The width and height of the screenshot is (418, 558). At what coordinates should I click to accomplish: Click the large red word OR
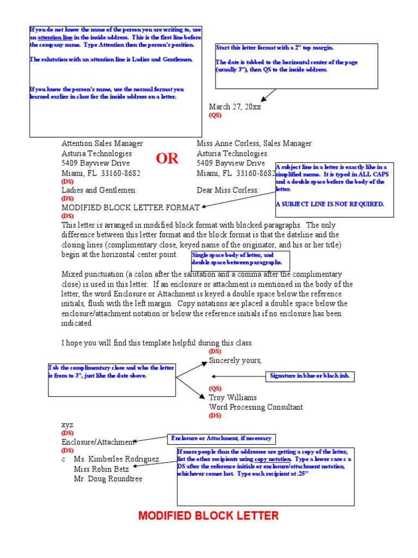(167, 159)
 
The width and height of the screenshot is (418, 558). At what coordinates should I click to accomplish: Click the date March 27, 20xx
(235, 107)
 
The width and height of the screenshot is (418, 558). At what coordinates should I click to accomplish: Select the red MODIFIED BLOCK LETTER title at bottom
(208, 515)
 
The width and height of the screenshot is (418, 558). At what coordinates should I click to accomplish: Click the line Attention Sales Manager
(102, 143)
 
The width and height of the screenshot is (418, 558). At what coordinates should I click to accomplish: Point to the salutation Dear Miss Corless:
(228, 191)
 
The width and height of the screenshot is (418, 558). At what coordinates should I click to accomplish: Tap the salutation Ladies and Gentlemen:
(99, 191)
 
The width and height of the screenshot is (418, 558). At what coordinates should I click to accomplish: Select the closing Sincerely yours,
(235, 361)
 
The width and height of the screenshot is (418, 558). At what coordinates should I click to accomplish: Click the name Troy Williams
(233, 398)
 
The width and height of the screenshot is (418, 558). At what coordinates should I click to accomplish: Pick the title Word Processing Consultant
(256, 407)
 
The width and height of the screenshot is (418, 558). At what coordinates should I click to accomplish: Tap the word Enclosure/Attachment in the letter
(97, 442)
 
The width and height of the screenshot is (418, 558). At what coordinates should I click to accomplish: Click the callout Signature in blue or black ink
(310, 376)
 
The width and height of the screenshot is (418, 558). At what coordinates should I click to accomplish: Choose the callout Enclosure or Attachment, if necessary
(220, 439)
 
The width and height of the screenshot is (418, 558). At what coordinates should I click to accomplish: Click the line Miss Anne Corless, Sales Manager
(254, 143)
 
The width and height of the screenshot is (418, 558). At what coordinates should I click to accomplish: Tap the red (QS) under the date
(215, 116)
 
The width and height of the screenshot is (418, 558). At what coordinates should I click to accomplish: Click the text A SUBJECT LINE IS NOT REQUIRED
(329, 204)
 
